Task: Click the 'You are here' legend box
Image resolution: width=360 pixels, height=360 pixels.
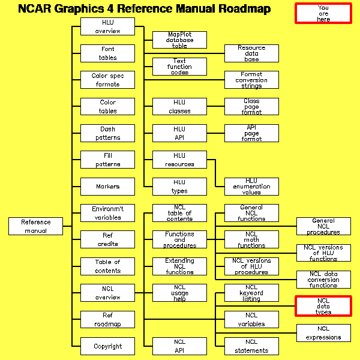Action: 323,13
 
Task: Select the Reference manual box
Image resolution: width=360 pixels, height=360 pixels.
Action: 36,226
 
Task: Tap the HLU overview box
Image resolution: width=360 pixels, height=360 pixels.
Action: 108,26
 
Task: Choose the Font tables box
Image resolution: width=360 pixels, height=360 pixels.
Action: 108,53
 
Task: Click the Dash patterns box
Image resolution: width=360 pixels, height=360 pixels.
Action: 108,133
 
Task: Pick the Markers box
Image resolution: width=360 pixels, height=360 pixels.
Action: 108,187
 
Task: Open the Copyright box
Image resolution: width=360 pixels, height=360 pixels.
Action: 108,346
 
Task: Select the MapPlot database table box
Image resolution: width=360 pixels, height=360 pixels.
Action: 180,40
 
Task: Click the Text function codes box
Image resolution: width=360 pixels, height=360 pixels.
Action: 180,67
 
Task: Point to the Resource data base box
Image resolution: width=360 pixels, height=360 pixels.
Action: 251,53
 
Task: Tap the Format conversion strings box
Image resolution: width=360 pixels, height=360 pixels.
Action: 251,80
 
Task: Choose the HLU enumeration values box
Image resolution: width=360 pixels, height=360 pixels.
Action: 251,186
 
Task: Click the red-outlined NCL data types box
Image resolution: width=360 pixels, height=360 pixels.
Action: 323,306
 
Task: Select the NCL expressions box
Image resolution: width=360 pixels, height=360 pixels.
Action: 323,333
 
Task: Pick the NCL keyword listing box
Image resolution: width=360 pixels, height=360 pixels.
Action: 251,293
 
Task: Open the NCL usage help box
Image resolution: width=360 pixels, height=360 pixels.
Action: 180,293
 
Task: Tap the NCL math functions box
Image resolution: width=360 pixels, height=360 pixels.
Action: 251,239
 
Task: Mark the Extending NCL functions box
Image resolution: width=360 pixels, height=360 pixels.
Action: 180,266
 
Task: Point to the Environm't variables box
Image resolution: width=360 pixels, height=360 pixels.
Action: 108,213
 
